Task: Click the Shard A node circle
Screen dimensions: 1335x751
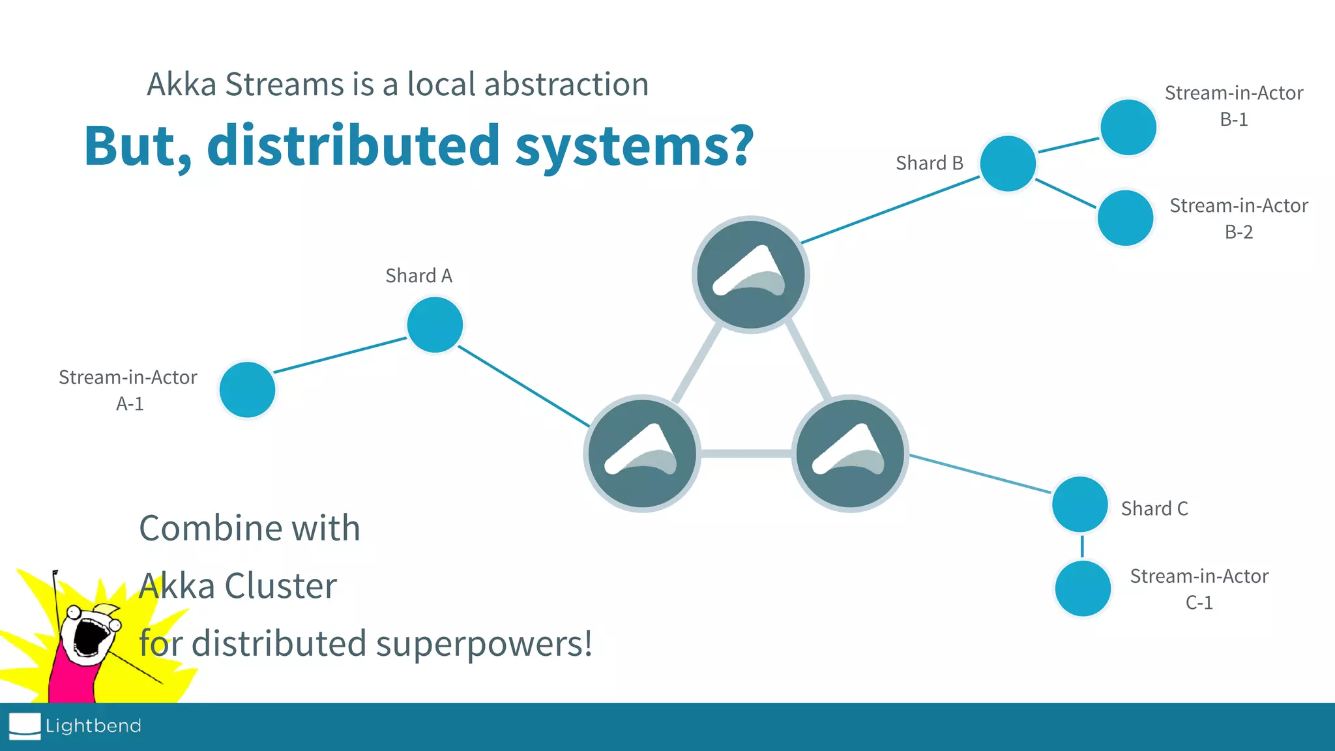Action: [435, 325]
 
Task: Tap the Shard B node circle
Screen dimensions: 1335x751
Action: [1008, 163]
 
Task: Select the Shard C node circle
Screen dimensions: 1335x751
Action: [1080, 505]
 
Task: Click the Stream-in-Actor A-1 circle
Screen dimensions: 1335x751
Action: [247, 390]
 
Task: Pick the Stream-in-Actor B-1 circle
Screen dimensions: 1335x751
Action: [1128, 127]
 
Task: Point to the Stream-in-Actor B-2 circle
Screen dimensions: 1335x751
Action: [1126, 218]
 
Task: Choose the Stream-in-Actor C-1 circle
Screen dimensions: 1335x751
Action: [1083, 589]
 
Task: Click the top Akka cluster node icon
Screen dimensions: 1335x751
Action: [751, 274]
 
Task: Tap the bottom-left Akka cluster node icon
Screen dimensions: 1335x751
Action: [642, 453]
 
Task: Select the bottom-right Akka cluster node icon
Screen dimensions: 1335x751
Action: [850, 453]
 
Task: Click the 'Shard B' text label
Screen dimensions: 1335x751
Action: [929, 163]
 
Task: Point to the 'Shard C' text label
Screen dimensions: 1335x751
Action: [1154, 508]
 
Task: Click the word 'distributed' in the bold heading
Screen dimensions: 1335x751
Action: [353, 145]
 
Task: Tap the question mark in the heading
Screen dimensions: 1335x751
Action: [740, 145]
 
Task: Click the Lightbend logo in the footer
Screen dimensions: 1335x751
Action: [75, 726]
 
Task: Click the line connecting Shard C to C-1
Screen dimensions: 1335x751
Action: [1082, 546]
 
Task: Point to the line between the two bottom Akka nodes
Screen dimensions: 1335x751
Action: [746, 454]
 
